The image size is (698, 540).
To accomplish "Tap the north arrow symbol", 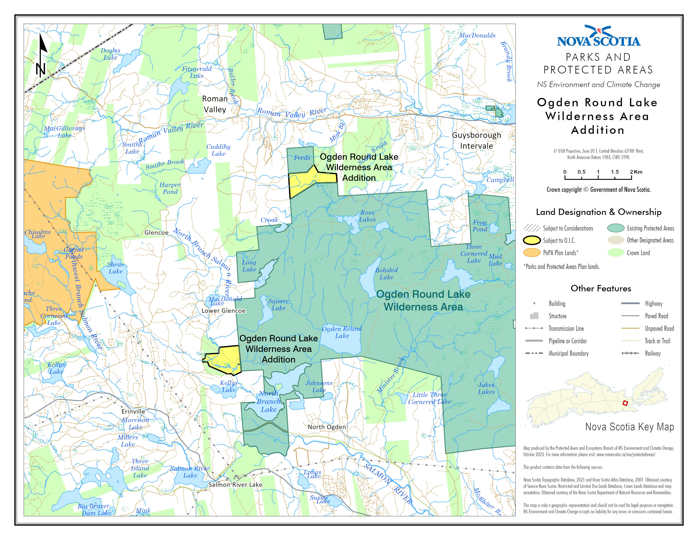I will tap(41, 56).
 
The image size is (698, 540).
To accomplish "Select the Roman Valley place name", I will tap(215, 104).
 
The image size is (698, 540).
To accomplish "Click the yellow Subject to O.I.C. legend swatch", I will tap(532, 240).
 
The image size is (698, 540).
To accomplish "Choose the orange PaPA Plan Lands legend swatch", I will tap(532, 253).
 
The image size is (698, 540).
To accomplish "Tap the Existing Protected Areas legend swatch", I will tap(616, 228).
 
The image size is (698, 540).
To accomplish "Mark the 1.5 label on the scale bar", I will tap(615, 172).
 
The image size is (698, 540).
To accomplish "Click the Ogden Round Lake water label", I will tap(342, 332).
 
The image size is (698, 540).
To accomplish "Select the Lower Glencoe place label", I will tap(223, 311).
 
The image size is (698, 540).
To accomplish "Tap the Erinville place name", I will tap(133, 411).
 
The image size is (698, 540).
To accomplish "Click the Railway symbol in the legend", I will tap(630, 353).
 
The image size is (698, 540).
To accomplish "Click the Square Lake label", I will tap(278, 304).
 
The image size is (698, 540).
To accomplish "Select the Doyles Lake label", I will tap(110, 54).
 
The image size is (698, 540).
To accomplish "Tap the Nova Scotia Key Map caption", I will tap(629, 427).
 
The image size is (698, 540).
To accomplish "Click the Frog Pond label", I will tap(480, 226).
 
